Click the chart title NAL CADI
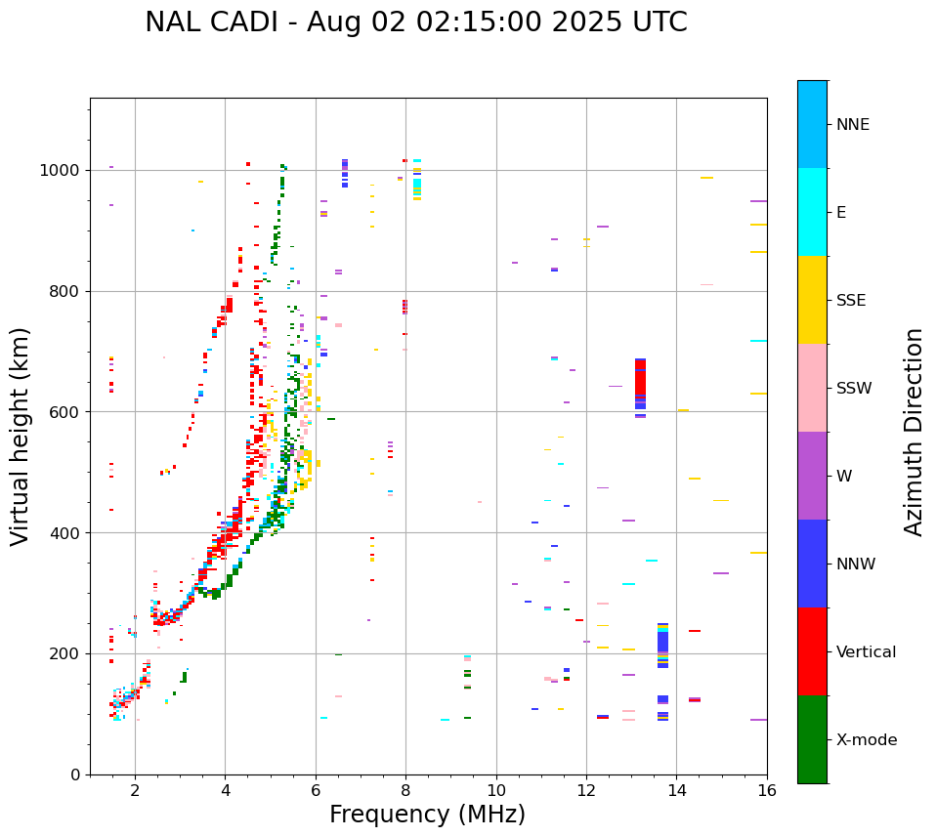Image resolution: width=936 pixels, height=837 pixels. coord(415,22)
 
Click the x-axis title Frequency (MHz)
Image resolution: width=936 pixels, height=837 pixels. coord(427,815)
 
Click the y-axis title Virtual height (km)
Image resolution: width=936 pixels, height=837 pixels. coord(21,437)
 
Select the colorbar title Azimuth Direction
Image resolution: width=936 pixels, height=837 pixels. coord(914,432)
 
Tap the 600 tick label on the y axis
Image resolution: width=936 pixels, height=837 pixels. coord(64,412)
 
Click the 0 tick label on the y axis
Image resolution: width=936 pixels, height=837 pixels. coord(74,774)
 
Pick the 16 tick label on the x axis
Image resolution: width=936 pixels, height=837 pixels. coord(767,790)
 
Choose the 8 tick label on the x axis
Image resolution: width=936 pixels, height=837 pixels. coord(405,790)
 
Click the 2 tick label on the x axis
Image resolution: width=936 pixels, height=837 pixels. coord(135,790)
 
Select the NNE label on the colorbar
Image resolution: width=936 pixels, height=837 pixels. coord(852,125)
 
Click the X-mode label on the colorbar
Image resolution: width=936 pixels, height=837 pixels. coord(866,740)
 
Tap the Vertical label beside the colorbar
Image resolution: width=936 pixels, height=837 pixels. coord(866,652)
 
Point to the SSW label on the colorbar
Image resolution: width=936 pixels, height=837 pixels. coord(854,389)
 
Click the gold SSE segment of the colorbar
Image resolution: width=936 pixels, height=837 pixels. coord(812,300)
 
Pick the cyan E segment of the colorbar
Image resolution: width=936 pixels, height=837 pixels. coord(812,212)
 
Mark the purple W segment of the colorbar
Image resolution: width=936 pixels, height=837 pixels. coord(812,476)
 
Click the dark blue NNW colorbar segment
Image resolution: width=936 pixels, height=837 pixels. coord(812,564)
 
